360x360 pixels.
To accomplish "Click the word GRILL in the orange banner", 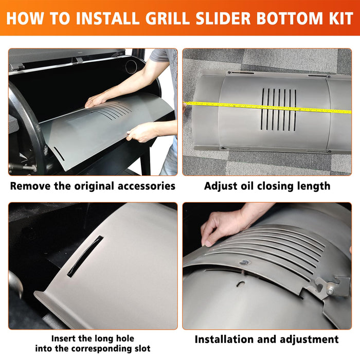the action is pyautogui.click(x=167, y=18).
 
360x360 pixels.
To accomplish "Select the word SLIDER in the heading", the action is pyautogui.click(x=223, y=18).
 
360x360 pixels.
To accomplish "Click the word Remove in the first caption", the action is pyautogui.click(x=31, y=186).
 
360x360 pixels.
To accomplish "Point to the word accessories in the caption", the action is pyautogui.click(x=147, y=186).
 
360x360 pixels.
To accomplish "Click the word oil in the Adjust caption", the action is pyautogui.click(x=246, y=186).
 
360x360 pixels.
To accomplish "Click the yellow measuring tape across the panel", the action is pyautogui.click(x=267, y=106).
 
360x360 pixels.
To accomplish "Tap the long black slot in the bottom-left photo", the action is pyautogui.click(x=85, y=256).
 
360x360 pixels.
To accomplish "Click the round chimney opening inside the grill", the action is pyautogui.click(x=131, y=66).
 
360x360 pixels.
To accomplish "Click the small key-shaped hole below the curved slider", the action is pyautogui.click(x=240, y=284).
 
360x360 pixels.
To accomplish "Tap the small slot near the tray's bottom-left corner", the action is pyautogui.click(x=59, y=153).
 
